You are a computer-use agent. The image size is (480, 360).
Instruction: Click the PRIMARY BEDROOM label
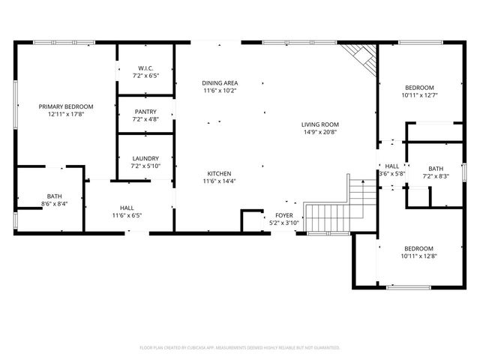tap(66, 106)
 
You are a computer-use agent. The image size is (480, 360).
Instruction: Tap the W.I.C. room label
tap(146, 68)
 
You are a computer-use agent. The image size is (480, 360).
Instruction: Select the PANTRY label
tap(146, 112)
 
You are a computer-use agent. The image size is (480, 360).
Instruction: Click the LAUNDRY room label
tap(146, 158)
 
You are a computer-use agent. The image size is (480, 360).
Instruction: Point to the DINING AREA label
tap(220, 82)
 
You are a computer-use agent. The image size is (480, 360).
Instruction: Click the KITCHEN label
tap(220, 173)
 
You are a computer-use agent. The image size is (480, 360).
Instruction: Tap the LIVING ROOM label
tap(320, 124)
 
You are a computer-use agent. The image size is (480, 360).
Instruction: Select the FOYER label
tap(284, 215)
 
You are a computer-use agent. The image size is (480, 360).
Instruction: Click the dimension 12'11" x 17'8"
tap(66, 115)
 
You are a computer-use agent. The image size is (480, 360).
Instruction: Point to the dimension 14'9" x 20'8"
tap(320, 133)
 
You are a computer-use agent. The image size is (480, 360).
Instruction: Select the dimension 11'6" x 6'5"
tap(127, 216)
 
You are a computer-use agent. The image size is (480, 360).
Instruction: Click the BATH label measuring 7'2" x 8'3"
tap(436, 168)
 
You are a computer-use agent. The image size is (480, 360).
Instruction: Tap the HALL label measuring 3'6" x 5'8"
tap(392, 166)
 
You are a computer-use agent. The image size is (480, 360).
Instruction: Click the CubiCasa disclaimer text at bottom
tap(240, 348)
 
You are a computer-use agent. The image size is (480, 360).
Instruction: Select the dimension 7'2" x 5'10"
tap(146, 166)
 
